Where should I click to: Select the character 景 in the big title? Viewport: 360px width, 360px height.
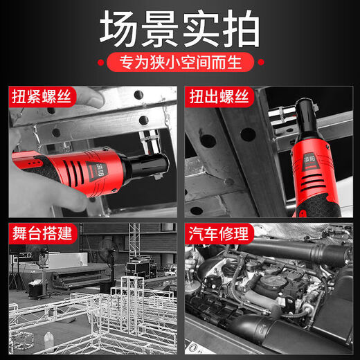[x=160, y=30]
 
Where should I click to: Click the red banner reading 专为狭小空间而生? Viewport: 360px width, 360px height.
[x=179, y=64]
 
